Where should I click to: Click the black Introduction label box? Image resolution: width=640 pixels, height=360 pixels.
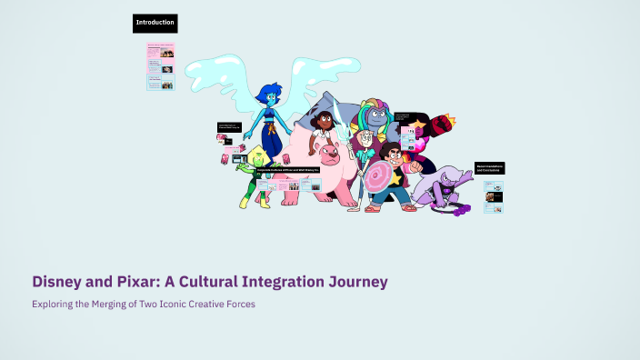(x=155, y=23)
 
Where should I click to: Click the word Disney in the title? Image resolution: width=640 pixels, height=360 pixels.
(x=59, y=282)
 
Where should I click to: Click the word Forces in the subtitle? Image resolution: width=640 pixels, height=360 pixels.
(x=240, y=304)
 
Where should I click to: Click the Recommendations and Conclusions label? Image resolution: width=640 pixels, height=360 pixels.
(x=489, y=168)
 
